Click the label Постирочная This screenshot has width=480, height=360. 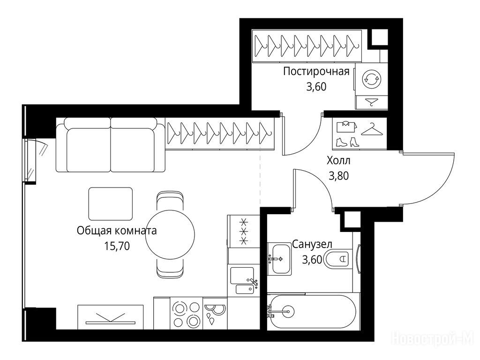click(316, 72)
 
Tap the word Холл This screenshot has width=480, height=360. click(338, 160)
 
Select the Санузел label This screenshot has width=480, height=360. click(312, 244)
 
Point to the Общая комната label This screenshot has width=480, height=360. click(117, 231)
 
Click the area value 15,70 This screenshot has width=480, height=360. click(117, 246)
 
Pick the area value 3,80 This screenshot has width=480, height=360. click(338, 176)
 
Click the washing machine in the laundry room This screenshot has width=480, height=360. click(371, 79)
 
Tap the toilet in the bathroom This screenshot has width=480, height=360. click(337, 259)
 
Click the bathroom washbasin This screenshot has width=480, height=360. click(279, 259)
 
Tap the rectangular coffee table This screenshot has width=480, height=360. click(111, 204)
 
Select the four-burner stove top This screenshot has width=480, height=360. click(186, 314)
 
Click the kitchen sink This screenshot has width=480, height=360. click(244, 280)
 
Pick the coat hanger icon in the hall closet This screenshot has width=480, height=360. click(372, 129)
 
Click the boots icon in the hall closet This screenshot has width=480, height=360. click(348, 142)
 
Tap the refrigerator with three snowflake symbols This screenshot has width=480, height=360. click(244, 231)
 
